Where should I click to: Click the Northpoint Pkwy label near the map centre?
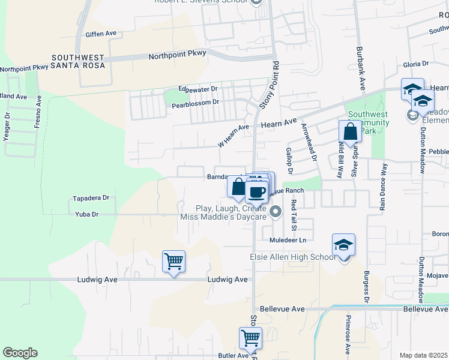pyautogui.click(x=177, y=54)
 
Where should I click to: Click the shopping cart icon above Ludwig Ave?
pyautogui.click(x=173, y=261)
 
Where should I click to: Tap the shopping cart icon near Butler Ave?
pyautogui.click(x=250, y=338)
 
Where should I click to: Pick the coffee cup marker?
pyautogui.click(x=257, y=191)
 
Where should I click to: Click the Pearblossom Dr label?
pyautogui.click(x=197, y=105)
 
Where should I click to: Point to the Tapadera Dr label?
pyautogui.click(x=91, y=197)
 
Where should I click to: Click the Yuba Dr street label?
pyautogui.click(x=87, y=214)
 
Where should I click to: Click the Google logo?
pyautogui.click(x=20, y=353)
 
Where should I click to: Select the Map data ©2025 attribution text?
pyautogui.click(x=423, y=355)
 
